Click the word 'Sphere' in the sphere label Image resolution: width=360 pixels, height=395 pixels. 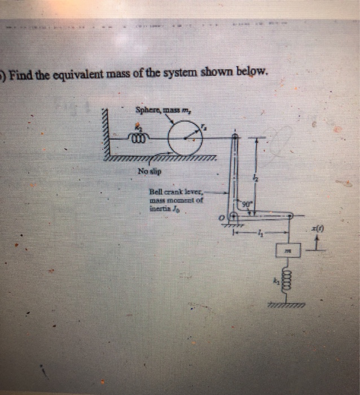tap(144, 109)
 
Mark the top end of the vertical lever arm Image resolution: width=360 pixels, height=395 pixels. tap(235, 135)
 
